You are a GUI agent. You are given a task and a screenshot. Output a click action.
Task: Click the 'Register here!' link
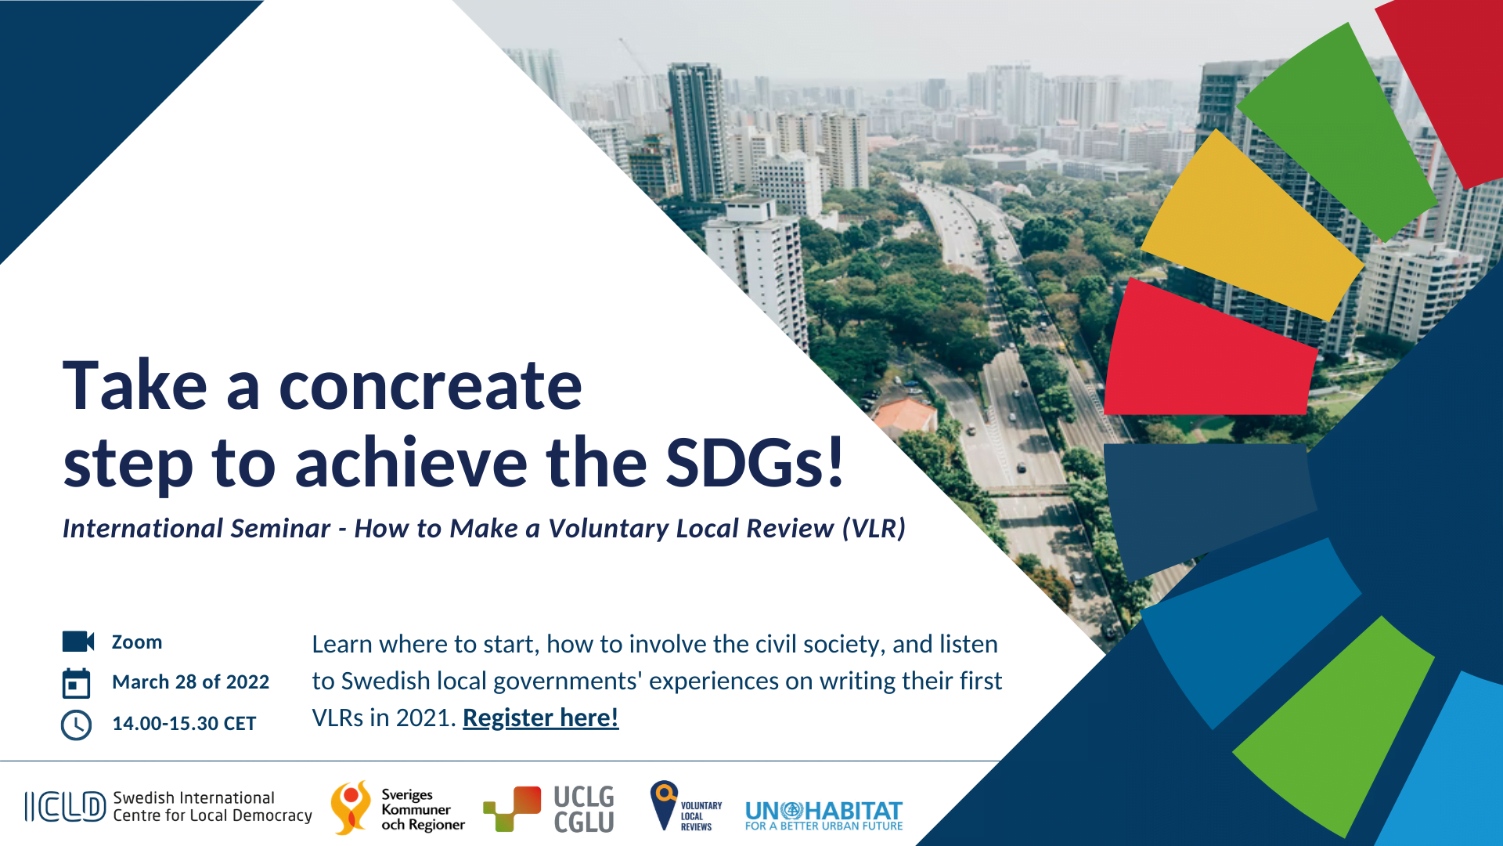pos(540,718)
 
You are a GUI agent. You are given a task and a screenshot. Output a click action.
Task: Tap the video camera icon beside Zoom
pos(77,642)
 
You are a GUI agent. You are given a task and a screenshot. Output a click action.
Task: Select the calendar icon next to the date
pos(76,683)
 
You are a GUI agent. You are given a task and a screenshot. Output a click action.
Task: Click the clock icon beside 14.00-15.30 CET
pos(76,725)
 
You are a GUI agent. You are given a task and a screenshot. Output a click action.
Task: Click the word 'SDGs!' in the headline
pos(755,462)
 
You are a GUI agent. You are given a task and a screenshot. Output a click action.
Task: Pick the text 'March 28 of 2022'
pos(190,682)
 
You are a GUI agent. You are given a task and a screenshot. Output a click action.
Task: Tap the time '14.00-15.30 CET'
pos(184,724)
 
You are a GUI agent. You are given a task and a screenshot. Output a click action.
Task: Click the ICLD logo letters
pos(65,807)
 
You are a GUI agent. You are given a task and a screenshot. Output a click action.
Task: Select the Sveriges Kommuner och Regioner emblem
pos(350,807)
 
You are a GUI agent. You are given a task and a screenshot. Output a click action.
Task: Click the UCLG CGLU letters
pos(583,809)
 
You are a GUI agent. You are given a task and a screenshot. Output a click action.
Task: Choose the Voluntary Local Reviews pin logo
pos(664,804)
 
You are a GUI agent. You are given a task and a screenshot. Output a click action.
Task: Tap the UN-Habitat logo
pos(824,815)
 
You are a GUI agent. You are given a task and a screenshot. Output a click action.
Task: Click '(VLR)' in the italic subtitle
pos(874,529)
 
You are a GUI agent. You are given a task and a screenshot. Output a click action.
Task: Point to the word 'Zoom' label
pos(137,642)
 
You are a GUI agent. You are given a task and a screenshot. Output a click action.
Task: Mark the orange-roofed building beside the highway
pos(906,415)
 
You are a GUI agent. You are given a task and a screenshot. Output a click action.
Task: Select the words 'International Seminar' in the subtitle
pos(196,529)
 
